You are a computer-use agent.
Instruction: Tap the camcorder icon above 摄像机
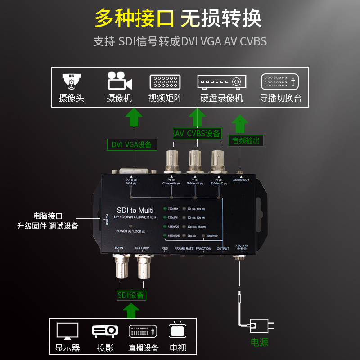click(119, 81)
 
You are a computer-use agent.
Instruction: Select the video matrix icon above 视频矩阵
click(165, 81)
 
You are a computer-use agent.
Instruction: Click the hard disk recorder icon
click(221, 81)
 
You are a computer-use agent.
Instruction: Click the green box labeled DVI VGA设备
click(131, 144)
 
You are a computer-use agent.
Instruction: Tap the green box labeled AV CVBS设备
click(198, 133)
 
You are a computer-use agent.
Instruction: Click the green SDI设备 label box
click(131, 295)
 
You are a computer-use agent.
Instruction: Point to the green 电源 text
click(259, 342)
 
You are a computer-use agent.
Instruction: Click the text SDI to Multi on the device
click(135, 210)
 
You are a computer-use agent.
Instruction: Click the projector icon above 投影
click(105, 331)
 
